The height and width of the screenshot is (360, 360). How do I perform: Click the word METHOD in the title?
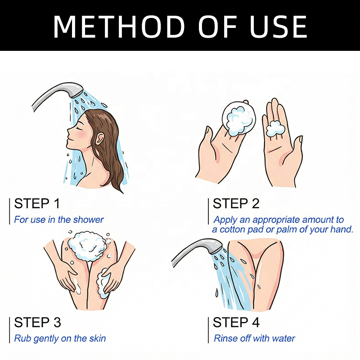(x=119, y=27)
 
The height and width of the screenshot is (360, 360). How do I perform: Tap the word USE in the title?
(x=279, y=27)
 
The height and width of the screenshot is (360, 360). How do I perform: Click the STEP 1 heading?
(x=37, y=203)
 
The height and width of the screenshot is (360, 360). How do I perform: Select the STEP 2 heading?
(x=236, y=203)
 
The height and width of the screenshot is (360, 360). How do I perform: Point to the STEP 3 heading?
(x=37, y=322)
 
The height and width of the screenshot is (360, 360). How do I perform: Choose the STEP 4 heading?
(x=236, y=322)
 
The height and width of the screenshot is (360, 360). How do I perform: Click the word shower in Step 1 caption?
(x=88, y=220)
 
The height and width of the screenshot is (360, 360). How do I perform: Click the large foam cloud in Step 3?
(x=87, y=246)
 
